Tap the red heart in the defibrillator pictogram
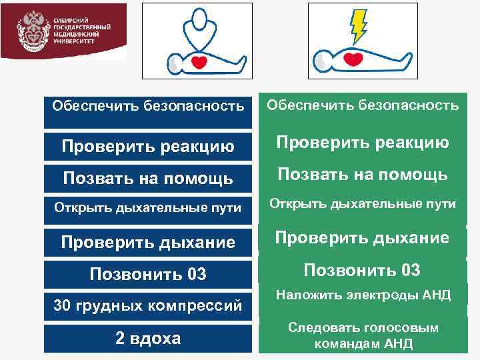(x=353, y=59)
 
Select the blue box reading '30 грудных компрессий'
(x=148, y=307)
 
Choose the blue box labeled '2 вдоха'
(x=148, y=338)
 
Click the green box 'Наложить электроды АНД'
(x=363, y=295)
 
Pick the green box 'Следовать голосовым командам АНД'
(x=363, y=335)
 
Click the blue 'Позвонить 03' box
(x=148, y=275)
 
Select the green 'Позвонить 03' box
(x=363, y=270)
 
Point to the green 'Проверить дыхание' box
(x=363, y=238)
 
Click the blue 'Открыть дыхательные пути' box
(x=148, y=209)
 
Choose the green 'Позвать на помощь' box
(x=363, y=175)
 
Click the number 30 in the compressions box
(x=62, y=307)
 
